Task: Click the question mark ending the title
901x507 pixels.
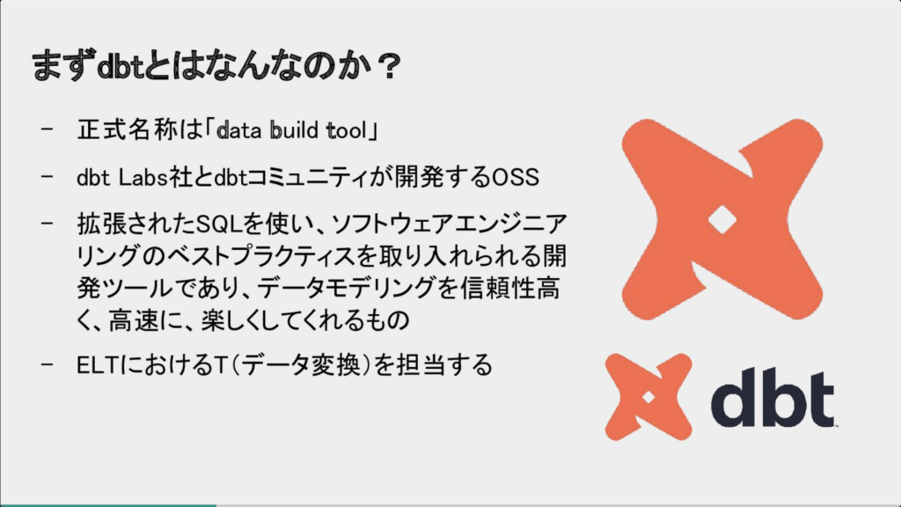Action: [x=390, y=67]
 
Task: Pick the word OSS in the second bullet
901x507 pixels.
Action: [x=516, y=178]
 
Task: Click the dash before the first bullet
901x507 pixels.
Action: [x=48, y=129]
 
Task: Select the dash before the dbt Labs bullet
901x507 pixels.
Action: [x=48, y=176]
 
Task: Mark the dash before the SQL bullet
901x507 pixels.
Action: [x=48, y=223]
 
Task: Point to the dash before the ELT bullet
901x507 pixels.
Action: [x=48, y=364]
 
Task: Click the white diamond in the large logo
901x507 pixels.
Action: [x=722, y=220]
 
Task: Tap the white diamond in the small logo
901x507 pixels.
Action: [x=648, y=397]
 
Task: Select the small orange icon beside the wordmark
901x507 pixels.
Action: [x=648, y=397]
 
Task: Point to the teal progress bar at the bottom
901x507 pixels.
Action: [x=108, y=505]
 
